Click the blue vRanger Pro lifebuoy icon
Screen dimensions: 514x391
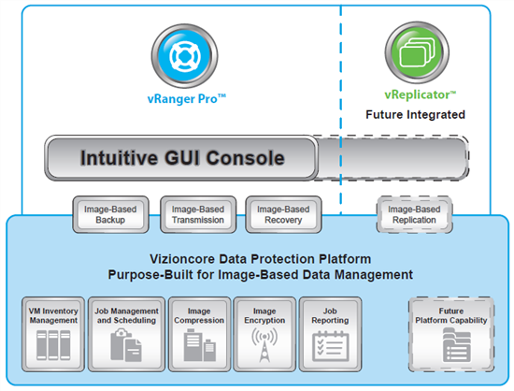point(184,56)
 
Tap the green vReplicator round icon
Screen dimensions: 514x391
point(417,52)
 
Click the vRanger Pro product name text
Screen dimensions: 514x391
point(187,99)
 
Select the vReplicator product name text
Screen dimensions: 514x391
point(421,94)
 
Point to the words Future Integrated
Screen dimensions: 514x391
point(415,114)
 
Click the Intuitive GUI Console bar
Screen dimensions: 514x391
point(181,158)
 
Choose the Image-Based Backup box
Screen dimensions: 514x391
point(110,214)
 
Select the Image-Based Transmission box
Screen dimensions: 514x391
point(198,214)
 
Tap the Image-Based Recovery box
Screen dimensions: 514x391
point(283,214)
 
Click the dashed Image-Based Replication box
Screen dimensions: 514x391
point(414,214)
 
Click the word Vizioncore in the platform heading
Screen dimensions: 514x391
point(182,259)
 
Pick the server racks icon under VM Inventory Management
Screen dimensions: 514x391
point(53,345)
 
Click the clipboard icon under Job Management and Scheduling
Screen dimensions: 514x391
point(126,345)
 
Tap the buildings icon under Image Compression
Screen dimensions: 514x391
point(199,345)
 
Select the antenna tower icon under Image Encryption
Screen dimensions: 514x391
point(264,345)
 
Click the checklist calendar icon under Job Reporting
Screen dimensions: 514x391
point(330,346)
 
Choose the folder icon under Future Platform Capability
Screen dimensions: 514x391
point(457,345)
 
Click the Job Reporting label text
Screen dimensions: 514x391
point(330,315)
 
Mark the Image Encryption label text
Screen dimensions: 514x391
point(264,315)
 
